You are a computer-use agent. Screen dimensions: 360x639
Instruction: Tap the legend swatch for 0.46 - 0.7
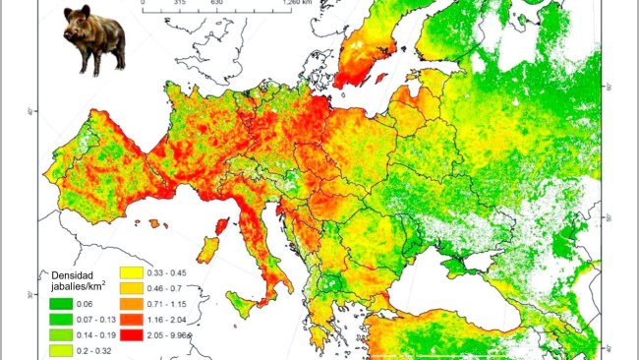point(132,290)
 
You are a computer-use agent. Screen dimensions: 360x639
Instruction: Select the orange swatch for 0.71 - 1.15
point(132,305)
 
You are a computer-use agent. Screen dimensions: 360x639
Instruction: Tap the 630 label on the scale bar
point(216,3)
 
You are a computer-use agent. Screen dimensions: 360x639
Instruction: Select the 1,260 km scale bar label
point(296,3)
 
